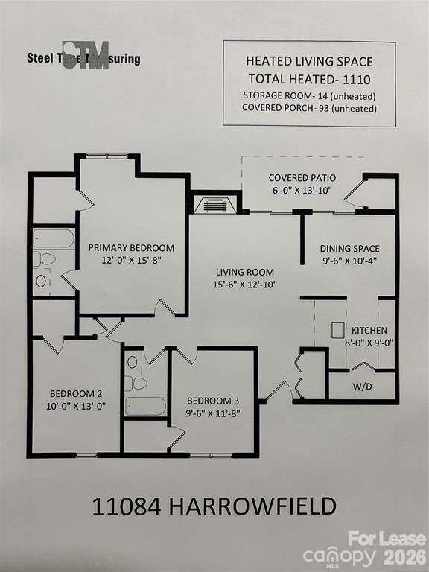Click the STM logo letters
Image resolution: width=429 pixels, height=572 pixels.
(86, 55)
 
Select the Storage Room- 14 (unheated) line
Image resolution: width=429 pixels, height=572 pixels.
(309, 96)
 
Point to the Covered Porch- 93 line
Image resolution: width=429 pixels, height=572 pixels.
(309, 108)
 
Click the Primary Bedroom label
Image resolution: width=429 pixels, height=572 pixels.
(131, 248)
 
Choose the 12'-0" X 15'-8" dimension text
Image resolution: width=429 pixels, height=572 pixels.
(131, 261)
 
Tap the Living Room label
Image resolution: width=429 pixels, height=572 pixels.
(245, 272)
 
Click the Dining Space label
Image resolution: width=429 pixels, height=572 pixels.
(349, 249)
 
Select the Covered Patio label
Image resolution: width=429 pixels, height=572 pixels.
(302, 178)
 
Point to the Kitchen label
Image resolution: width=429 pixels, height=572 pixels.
(369, 331)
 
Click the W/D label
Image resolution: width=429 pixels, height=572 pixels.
(362, 387)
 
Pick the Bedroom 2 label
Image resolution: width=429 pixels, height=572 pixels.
(76, 394)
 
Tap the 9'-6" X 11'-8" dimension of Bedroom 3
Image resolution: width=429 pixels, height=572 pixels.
(213, 413)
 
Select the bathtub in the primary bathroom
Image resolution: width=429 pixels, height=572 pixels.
(54, 238)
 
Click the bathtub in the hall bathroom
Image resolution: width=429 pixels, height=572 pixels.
(145, 405)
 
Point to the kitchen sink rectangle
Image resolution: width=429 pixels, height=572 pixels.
(336, 330)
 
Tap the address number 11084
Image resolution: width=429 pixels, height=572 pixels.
(126, 506)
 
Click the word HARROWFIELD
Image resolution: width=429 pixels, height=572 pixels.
(252, 506)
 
